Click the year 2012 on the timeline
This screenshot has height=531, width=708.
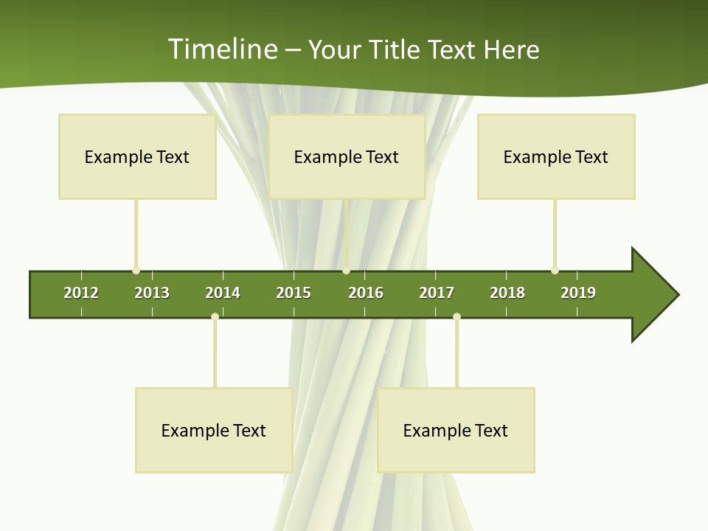click(81, 293)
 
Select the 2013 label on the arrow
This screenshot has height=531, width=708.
click(152, 293)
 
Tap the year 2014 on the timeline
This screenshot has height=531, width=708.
click(223, 293)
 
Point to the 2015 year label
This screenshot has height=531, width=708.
click(294, 293)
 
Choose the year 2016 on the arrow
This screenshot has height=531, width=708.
click(366, 293)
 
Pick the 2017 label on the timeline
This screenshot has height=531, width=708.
click(437, 293)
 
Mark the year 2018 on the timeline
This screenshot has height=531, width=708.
click(507, 293)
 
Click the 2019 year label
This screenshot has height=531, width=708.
click(578, 293)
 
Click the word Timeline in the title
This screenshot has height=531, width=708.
click(222, 49)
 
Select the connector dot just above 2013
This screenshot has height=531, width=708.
click(136, 271)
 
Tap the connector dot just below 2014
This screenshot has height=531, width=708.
click(215, 316)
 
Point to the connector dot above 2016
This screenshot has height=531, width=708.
click(346, 271)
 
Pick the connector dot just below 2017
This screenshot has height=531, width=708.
click(457, 316)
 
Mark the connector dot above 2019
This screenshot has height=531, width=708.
click(555, 271)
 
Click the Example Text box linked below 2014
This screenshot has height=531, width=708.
click(214, 430)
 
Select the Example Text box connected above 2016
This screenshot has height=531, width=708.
click(347, 156)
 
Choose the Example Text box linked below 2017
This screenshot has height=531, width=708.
click(456, 430)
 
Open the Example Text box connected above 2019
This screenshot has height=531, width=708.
click(556, 156)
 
